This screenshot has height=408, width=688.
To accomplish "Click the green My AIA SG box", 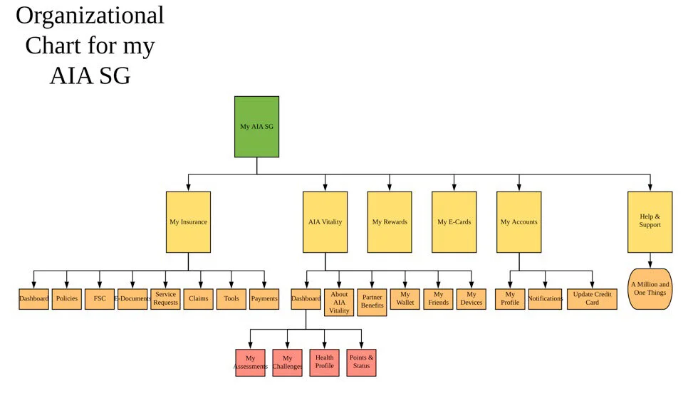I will click(256, 127).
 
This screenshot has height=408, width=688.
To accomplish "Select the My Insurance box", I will click(188, 221).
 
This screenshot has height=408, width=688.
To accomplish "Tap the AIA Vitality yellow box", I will click(325, 221).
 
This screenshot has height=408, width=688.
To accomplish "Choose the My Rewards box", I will click(390, 221).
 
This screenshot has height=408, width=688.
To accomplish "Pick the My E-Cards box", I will click(454, 221).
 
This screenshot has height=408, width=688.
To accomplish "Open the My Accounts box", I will click(518, 221).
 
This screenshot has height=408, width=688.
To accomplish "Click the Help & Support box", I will click(650, 221).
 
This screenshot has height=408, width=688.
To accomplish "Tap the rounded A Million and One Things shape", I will click(650, 288).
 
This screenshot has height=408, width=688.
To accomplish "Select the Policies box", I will click(67, 298).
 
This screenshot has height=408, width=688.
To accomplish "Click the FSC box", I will click(99, 298).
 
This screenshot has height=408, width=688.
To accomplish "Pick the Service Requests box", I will click(165, 298).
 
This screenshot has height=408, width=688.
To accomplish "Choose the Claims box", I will click(198, 298).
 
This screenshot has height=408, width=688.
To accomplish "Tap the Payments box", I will click(264, 298).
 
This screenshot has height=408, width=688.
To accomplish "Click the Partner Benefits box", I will click(372, 302).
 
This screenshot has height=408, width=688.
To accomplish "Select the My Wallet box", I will click(405, 298).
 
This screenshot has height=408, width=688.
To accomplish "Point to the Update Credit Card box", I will click(592, 298).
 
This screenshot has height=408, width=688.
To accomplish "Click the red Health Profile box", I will click(324, 362).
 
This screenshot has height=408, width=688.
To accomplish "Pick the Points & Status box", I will click(361, 362).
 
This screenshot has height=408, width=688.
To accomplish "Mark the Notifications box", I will click(545, 298).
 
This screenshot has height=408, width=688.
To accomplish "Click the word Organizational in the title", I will click(90, 16).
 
